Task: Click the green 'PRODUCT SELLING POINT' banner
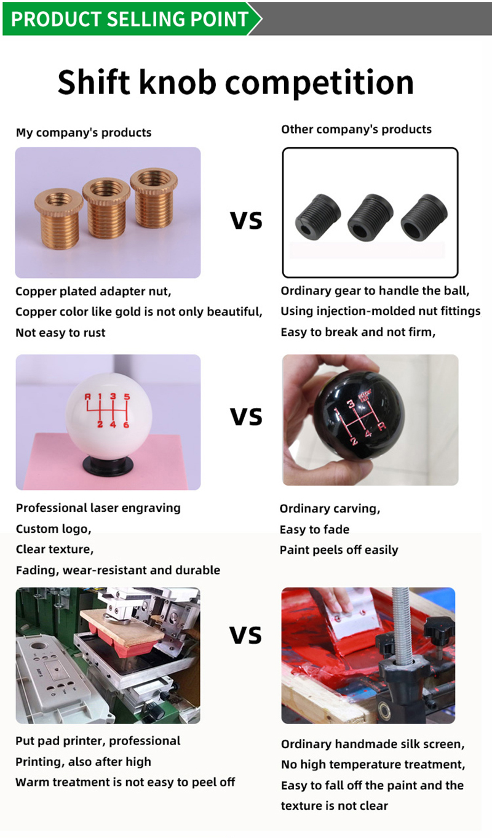pyautogui.click(x=131, y=18)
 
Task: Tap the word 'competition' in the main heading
pyautogui.click(x=320, y=83)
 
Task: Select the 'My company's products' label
pyautogui.click(x=84, y=132)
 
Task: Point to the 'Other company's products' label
pyautogui.click(x=356, y=129)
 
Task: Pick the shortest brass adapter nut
pyautogui.click(x=59, y=218)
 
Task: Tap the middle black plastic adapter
pyautogui.click(x=370, y=217)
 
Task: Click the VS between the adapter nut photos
pyautogui.click(x=246, y=220)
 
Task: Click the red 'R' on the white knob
pyautogui.click(x=88, y=397)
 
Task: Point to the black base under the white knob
pyautogui.click(x=108, y=467)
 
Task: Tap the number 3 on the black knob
pyautogui.click(x=351, y=404)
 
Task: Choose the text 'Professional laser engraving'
pyautogui.click(x=98, y=508)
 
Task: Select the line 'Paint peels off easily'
pyautogui.click(x=339, y=550)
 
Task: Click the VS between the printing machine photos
pyautogui.click(x=245, y=635)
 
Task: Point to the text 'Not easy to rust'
pyautogui.click(x=60, y=333)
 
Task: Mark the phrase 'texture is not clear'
pyautogui.click(x=334, y=806)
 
